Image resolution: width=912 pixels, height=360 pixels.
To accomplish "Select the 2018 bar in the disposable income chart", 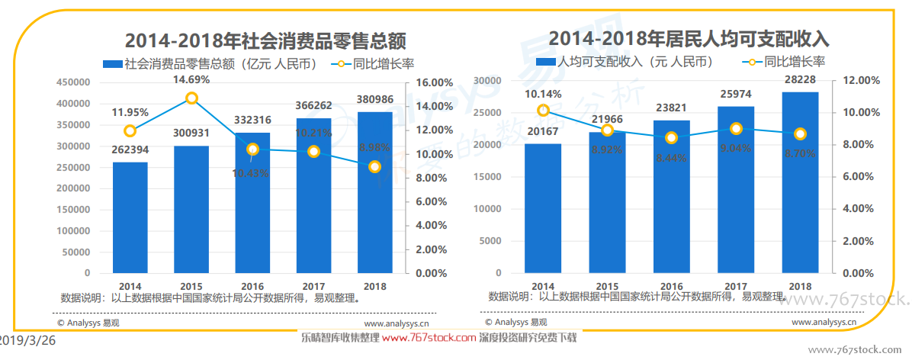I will [x=800, y=182].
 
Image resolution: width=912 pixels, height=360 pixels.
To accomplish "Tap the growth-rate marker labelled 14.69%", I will [x=191, y=98].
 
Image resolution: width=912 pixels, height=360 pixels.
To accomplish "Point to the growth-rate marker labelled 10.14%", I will [x=543, y=111].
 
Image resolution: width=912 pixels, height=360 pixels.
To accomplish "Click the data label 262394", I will [x=130, y=149].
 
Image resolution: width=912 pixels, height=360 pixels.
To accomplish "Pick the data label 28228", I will [x=800, y=79].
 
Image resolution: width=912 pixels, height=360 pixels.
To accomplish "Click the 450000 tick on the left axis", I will [x=72, y=82].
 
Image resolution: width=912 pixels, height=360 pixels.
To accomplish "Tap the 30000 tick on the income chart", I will [x=487, y=80].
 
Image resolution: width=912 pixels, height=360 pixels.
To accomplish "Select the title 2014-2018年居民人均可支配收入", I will [x=689, y=38].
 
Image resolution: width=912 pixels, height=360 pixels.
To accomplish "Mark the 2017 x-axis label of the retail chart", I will [x=313, y=286].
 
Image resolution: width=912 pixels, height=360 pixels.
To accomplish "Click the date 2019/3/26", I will [x=27, y=341].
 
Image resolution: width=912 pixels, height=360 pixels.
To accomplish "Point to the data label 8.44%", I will [x=671, y=157].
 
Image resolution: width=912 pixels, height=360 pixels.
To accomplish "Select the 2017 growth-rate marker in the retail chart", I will [x=313, y=152].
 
